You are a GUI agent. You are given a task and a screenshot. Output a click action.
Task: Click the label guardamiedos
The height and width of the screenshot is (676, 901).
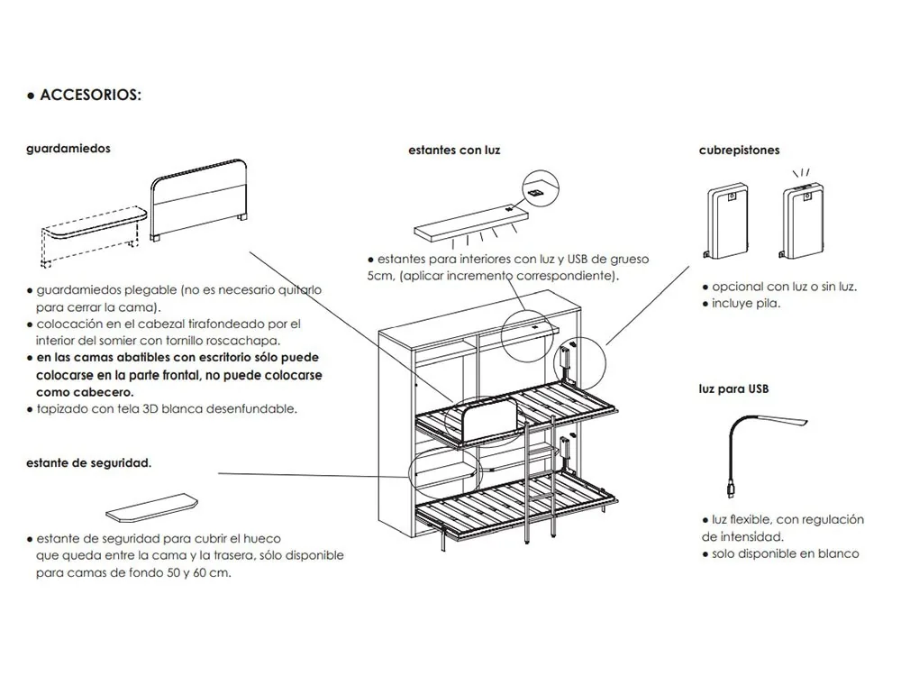(68, 149)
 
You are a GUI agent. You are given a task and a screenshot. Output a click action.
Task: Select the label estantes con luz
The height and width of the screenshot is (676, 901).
(454, 151)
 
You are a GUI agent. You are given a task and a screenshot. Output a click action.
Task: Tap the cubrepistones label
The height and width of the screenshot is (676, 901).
(739, 151)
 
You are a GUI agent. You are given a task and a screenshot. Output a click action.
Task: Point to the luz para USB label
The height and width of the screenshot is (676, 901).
(733, 389)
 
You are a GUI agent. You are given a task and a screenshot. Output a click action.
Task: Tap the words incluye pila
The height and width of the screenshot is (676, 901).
(746, 303)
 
